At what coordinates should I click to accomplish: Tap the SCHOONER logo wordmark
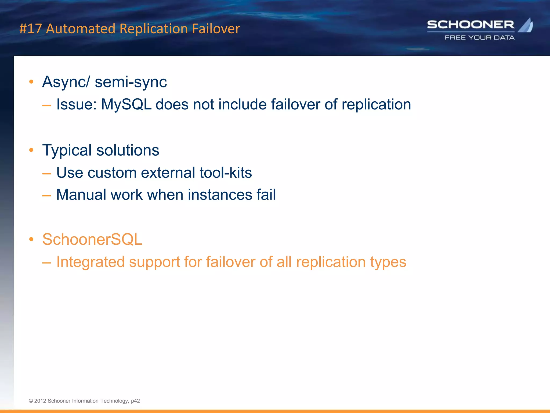471,25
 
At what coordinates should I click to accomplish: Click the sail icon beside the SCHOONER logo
526,25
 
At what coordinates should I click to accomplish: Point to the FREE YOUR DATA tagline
480,38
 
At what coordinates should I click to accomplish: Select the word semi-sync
131,82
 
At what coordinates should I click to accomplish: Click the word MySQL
126,104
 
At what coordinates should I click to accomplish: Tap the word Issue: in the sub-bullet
77,104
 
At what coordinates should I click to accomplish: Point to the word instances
220,195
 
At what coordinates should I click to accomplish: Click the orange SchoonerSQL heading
92,239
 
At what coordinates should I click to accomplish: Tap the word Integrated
91,262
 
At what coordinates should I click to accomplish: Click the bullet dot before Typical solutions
31,150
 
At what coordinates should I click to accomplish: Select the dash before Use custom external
46,174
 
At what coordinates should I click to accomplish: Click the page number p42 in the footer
135,401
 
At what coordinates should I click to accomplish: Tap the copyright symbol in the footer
31,401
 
